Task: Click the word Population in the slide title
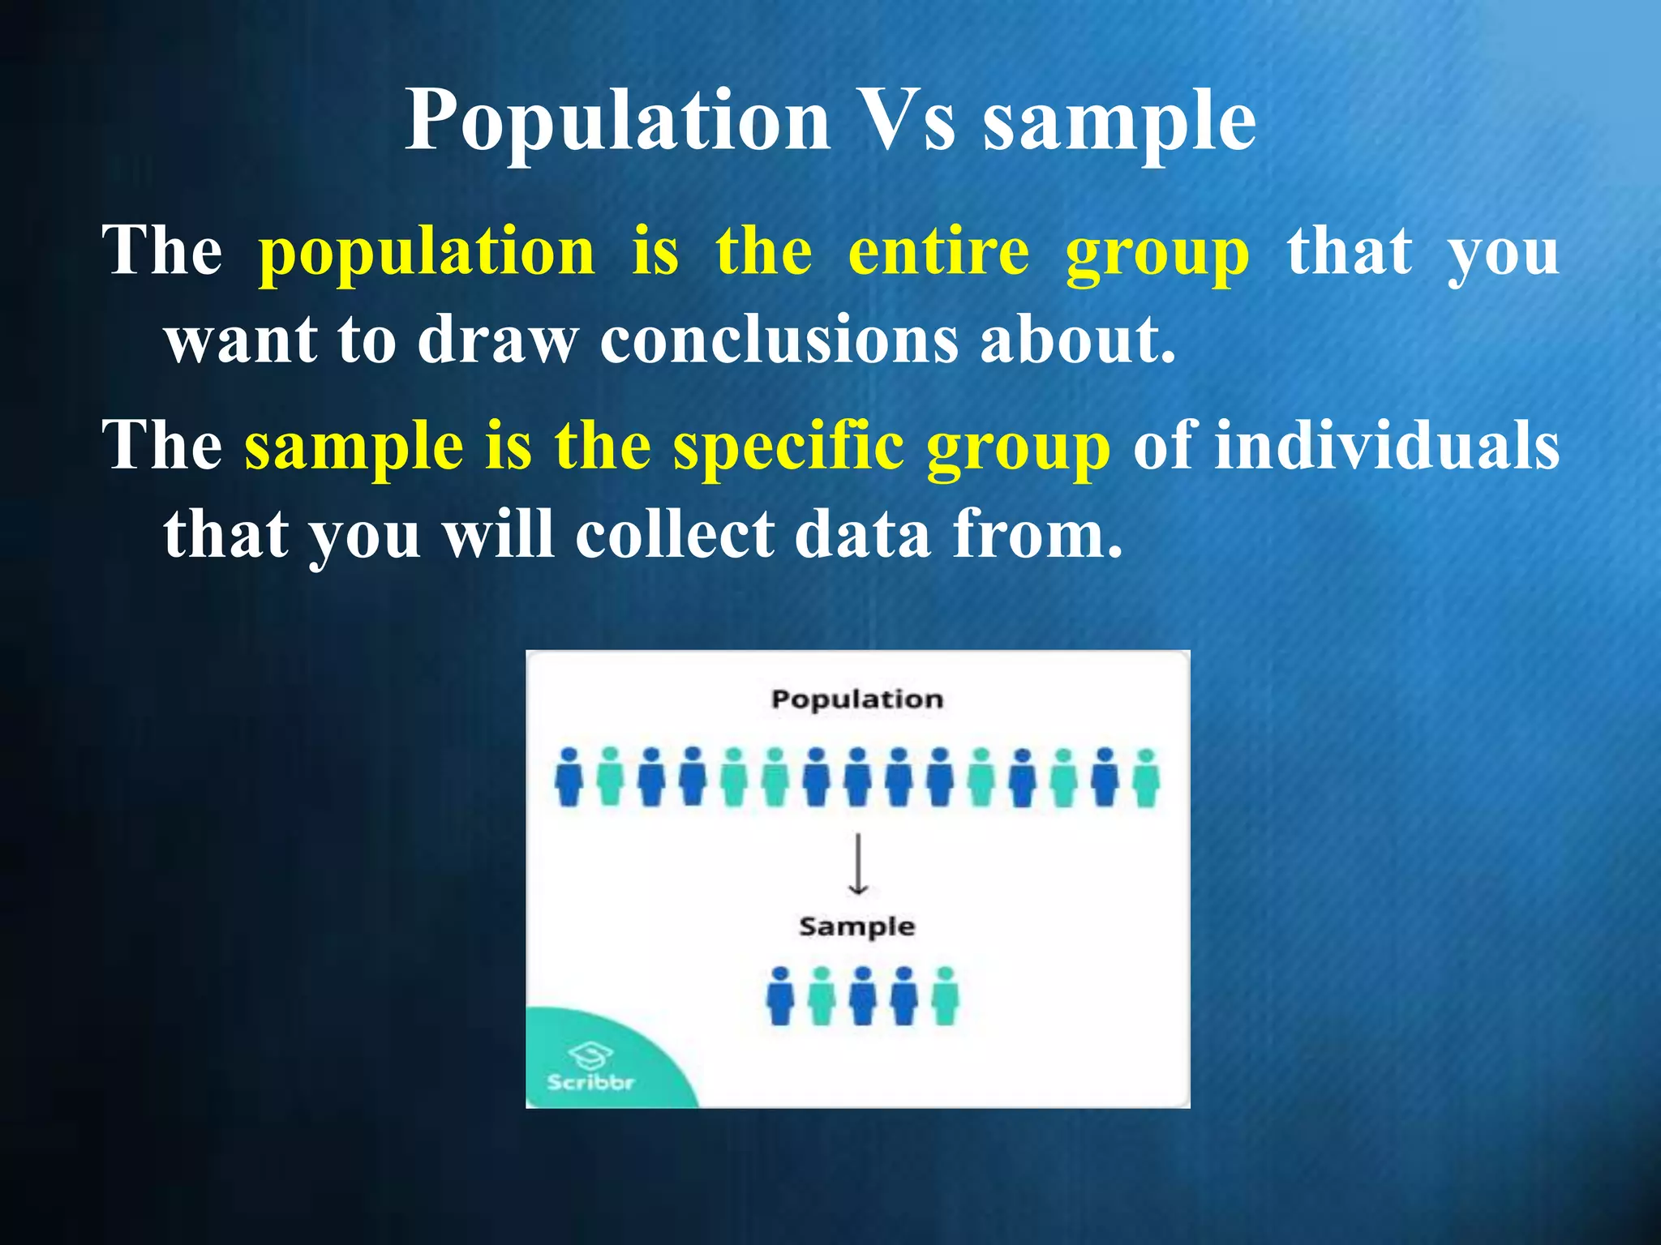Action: click(x=617, y=122)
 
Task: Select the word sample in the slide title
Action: click(x=1119, y=122)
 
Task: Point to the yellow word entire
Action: click(x=938, y=251)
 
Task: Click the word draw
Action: click(x=497, y=340)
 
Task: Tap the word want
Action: click(x=242, y=340)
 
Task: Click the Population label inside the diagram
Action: click(x=857, y=699)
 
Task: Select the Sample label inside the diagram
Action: click(x=857, y=926)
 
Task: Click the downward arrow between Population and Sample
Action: click(x=858, y=864)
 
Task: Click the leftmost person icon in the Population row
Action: click(x=569, y=777)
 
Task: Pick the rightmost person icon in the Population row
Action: click(x=1145, y=777)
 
